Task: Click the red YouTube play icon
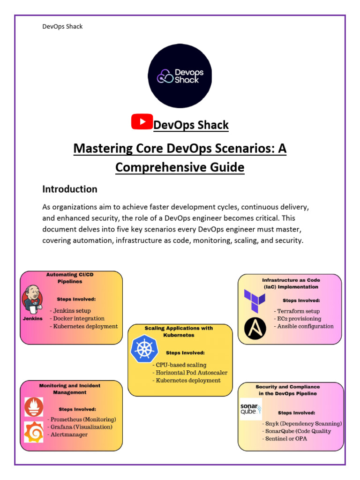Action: click(142, 122)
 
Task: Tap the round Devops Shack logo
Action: click(180, 76)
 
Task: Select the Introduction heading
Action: click(70, 189)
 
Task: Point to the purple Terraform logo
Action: click(255, 300)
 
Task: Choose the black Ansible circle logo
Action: click(255, 328)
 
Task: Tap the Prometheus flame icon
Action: click(34, 407)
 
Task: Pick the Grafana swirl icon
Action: click(34, 432)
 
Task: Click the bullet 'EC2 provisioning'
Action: click(299, 318)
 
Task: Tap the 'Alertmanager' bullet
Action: click(69, 435)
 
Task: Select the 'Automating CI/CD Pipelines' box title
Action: click(70, 278)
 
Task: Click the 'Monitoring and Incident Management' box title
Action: click(70, 389)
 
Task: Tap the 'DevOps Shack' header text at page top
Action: click(62, 27)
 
